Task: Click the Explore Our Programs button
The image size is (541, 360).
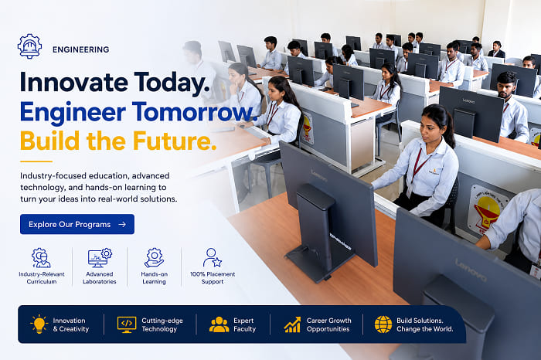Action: [x=77, y=224]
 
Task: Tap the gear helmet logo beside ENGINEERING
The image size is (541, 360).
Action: [x=29, y=46]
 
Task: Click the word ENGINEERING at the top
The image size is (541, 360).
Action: [x=80, y=49]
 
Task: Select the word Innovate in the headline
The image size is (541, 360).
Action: [x=73, y=83]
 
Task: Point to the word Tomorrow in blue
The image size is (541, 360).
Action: [x=195, y=112]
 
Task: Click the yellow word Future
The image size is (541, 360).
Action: [x=175, y=141]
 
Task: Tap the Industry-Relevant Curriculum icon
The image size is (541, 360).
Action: [x=41, y=257]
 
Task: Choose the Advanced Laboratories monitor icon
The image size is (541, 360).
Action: [x=100, y=257]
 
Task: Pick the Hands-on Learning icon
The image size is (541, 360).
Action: [x=155, y=257]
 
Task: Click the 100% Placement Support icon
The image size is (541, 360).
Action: [x=213, y=257]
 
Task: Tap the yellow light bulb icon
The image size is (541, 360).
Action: [x=39, y=324]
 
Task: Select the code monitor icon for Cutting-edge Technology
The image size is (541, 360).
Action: [x=127, y=324]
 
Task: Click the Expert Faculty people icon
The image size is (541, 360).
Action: [x=219, y=324]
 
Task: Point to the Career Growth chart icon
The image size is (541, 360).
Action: [x=292, y=324]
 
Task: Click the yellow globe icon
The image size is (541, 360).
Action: [x=383, y=324]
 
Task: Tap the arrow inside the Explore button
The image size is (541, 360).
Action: [x=122, y=225]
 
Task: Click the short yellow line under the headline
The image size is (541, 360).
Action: [x=36, y=161]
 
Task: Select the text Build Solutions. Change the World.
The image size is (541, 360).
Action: [x=425, y=324]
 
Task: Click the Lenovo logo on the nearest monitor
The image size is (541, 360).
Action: [x=471, y=270]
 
